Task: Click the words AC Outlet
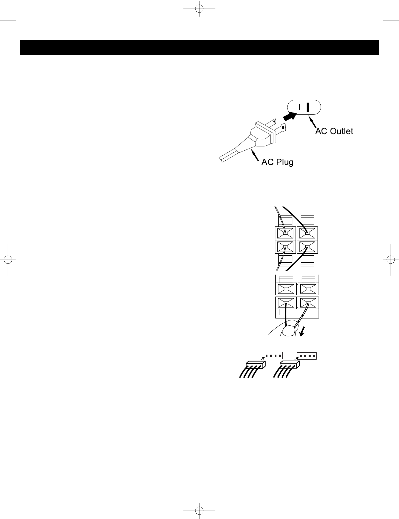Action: point(334,131)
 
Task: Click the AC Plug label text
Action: point(277,162)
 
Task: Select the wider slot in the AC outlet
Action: point(308,107)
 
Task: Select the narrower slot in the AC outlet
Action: point(299,107)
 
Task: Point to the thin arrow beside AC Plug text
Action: point(255,156)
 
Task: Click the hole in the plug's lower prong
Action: point(283,127)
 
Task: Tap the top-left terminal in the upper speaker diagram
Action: point(285,233)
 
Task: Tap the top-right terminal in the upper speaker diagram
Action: point(307,233)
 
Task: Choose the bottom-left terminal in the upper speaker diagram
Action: point(285,247)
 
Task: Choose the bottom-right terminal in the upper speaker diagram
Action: point(307,247)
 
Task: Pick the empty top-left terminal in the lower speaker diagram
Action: point(285,289)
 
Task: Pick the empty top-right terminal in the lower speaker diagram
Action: point(309,289)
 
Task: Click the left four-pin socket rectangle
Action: point(272,356)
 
